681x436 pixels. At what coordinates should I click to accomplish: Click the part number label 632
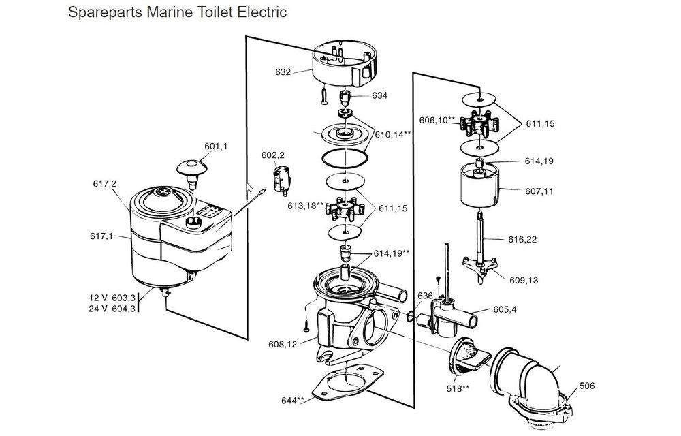pyautogui.click(x=283, y=72)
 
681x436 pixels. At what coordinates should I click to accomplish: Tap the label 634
pyautogui.click(x=379, y=96)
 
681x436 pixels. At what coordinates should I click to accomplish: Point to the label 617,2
pyautogui.click(x=105, y=184)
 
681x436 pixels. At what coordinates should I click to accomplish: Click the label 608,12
pyautogui.click(x=283, y=345)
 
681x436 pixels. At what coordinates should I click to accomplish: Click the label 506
pyautogui.click(x=587, y=386)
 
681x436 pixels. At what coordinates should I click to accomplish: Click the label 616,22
pyautogui.click(x=521, y=239)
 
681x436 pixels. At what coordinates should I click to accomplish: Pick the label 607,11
pyautogui.click(x=521, y=191)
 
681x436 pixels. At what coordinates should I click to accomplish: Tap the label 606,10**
pyautogui.click(x=437, y=121)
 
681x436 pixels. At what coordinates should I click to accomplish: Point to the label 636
pyautogui.click(x=426, y=296)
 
